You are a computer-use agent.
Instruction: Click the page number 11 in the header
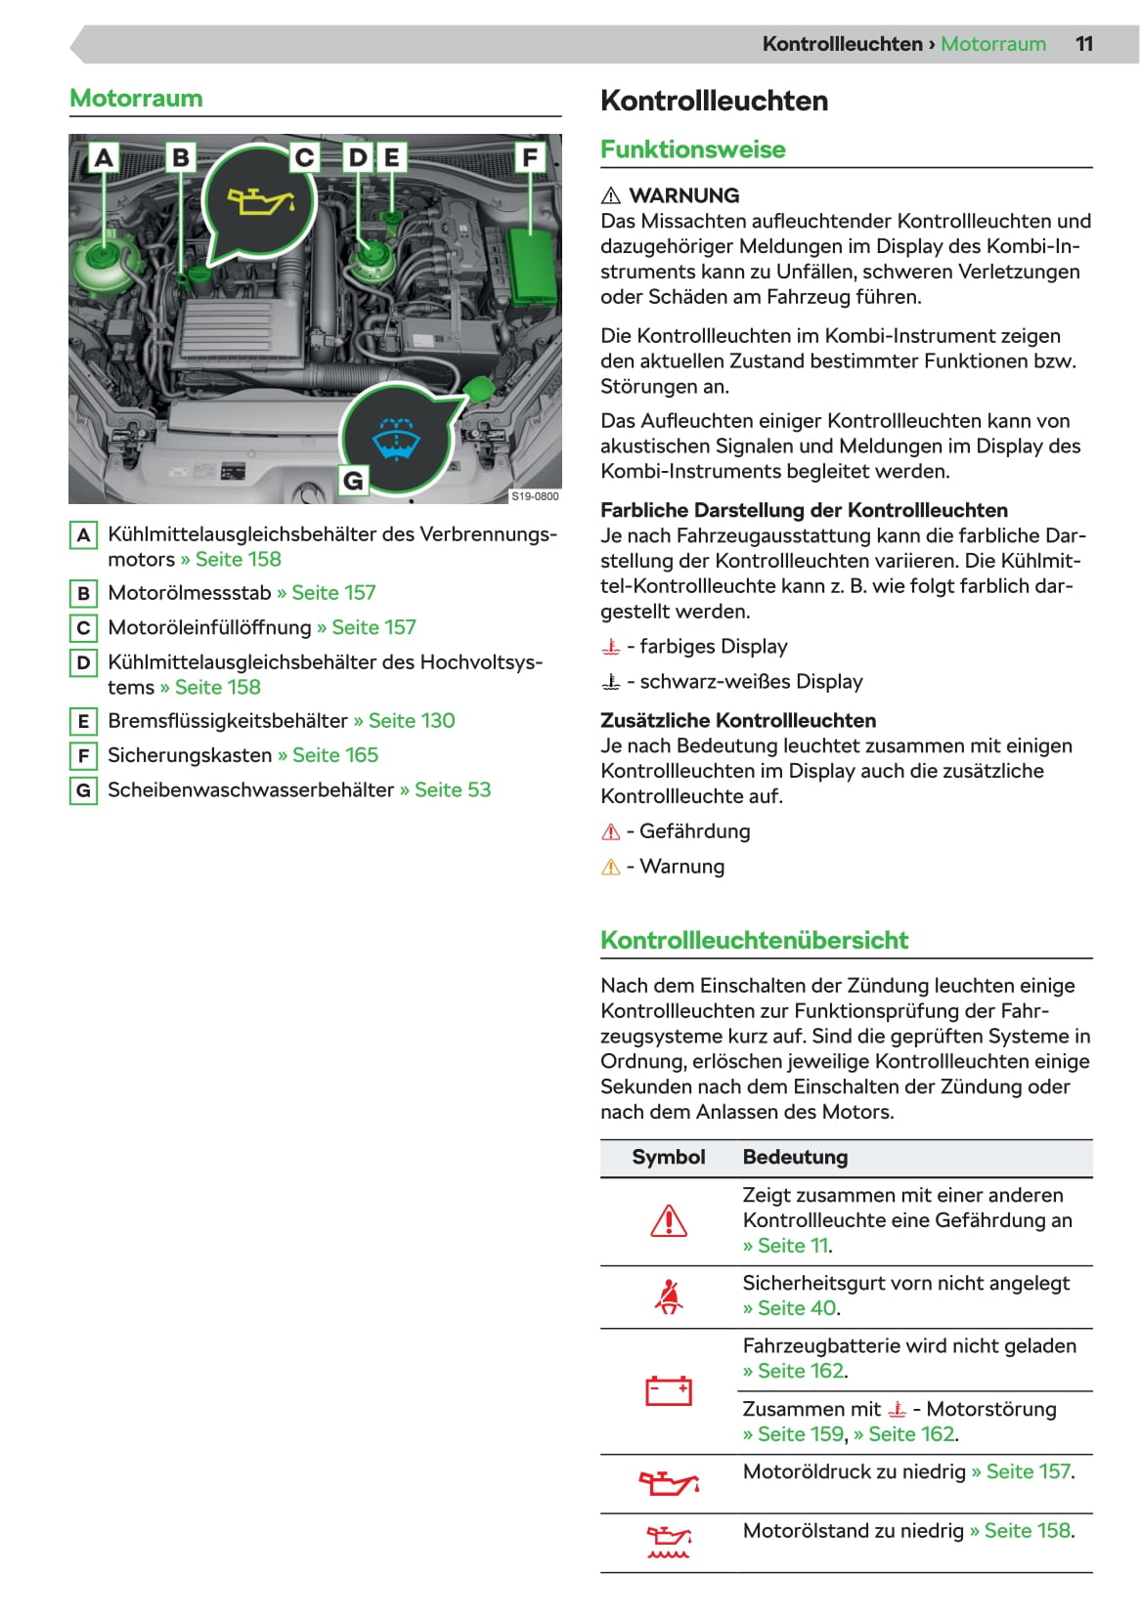tap(1083, 44)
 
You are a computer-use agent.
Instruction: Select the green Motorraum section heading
tap(136, 99)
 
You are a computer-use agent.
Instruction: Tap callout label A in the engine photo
tap(104, 157)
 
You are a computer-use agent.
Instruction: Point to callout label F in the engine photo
tap(529, 157)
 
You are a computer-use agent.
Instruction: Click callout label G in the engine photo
tap(353, 480)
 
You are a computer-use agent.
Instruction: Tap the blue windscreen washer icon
tap(396, 438)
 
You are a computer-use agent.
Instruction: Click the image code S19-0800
tap(535, 496)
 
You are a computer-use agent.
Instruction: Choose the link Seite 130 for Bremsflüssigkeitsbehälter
tap(411, 721)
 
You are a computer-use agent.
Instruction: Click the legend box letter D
tap(84, 663)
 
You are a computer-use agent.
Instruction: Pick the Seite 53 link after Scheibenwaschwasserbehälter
tap(452, 789)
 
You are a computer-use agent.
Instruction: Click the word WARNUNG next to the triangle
tap(683, 195)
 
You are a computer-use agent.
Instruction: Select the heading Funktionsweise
tap(692, 149)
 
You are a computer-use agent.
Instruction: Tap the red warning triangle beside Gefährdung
tap(611, 832)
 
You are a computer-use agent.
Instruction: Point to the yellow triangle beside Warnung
tap(611, 868)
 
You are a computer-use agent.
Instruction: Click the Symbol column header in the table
tap(668, 1157)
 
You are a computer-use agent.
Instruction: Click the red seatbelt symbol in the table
tap(669, 1297)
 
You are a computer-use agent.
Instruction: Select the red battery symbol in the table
tap(669, 1390)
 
